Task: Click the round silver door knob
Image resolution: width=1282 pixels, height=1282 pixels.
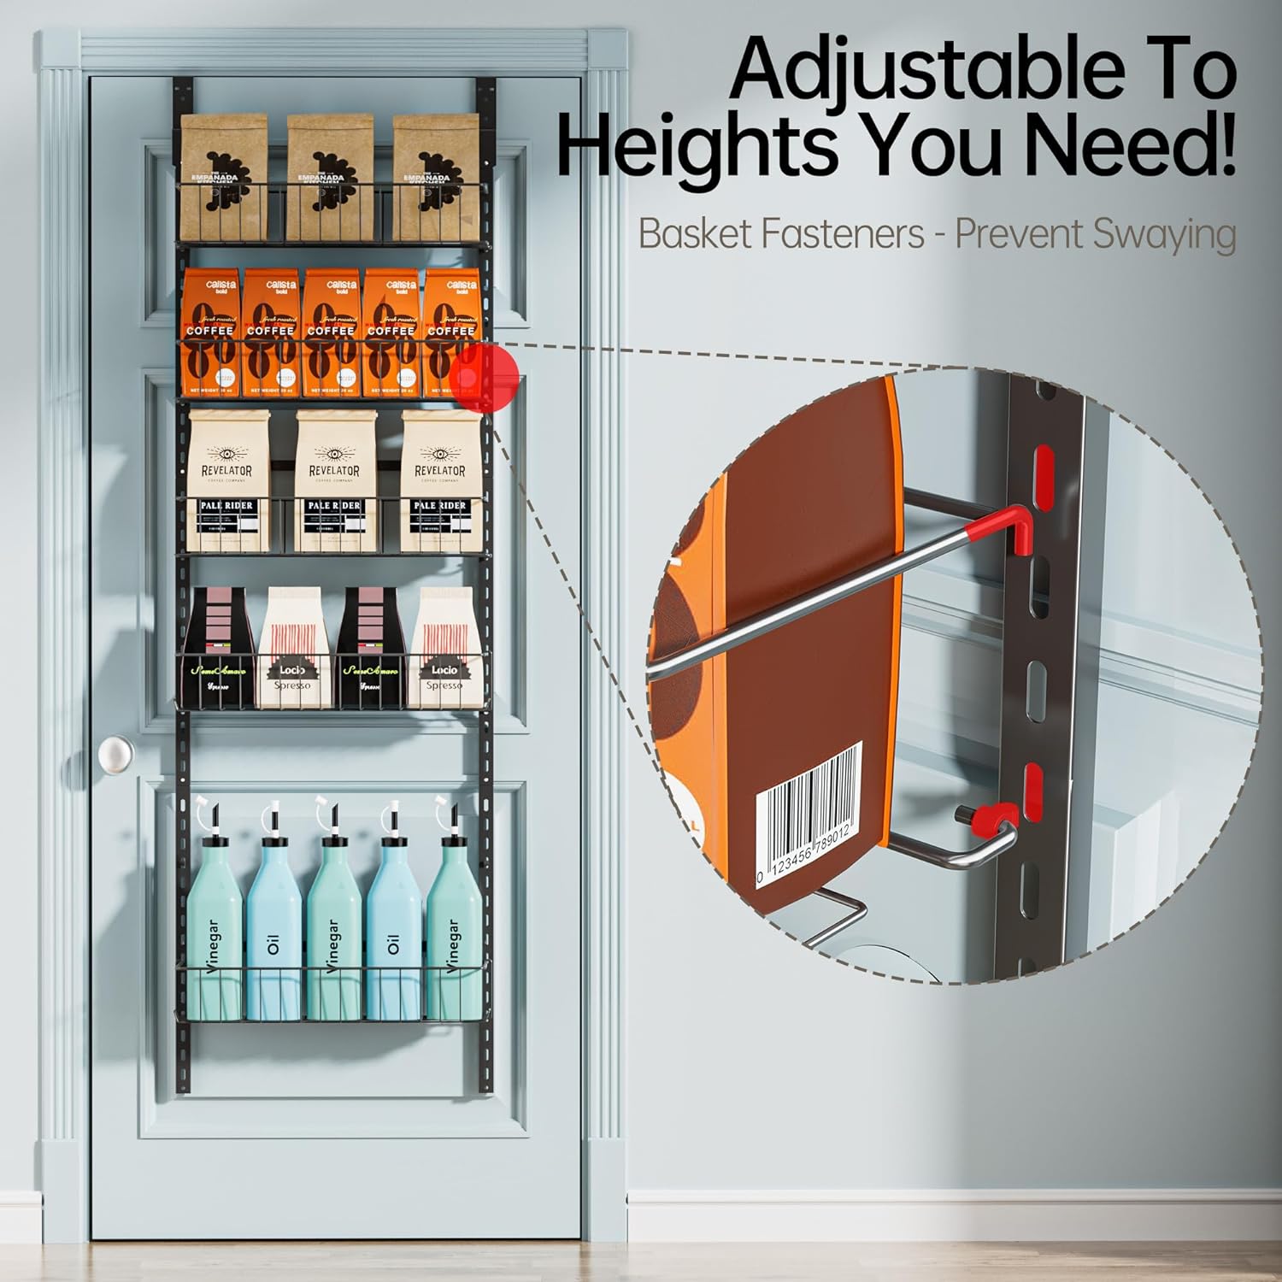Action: [115, 755]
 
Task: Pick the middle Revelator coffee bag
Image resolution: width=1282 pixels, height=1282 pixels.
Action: [334, 480]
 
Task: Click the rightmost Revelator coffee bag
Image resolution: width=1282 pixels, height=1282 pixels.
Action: [440, 480]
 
